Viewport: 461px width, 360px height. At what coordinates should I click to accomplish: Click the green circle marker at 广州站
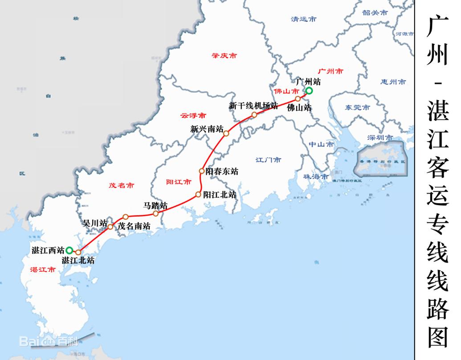309,91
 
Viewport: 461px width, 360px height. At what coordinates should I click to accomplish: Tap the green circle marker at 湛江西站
69,250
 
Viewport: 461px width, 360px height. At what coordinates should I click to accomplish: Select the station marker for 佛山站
298,99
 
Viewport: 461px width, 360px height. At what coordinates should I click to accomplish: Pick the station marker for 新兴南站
226,133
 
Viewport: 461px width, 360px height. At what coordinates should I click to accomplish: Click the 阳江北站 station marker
198,195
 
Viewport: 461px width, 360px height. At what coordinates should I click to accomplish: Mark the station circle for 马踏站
156,213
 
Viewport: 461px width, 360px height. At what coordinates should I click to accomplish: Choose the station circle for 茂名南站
126,217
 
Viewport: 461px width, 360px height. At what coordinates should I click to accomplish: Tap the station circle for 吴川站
110,227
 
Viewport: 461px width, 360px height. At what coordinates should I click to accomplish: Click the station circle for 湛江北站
78,252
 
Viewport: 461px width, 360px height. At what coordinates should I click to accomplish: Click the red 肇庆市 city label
224,56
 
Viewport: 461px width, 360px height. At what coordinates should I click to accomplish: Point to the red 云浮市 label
193,115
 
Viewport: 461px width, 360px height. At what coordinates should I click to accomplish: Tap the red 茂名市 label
121,185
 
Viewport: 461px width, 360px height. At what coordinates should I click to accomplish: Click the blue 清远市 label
304,19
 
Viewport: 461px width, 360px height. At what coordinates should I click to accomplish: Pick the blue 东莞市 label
357,107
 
